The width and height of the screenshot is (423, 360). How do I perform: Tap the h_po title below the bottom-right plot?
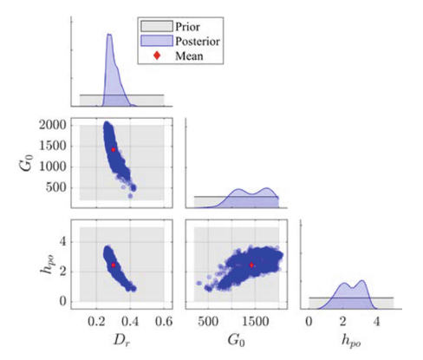352,342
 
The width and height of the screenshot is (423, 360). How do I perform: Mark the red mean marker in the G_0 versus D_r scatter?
114,149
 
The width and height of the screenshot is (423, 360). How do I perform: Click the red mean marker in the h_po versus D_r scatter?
114,265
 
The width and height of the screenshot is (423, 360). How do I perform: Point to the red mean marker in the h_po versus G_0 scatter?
251,265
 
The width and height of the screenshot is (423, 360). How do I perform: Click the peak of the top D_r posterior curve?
109,35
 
